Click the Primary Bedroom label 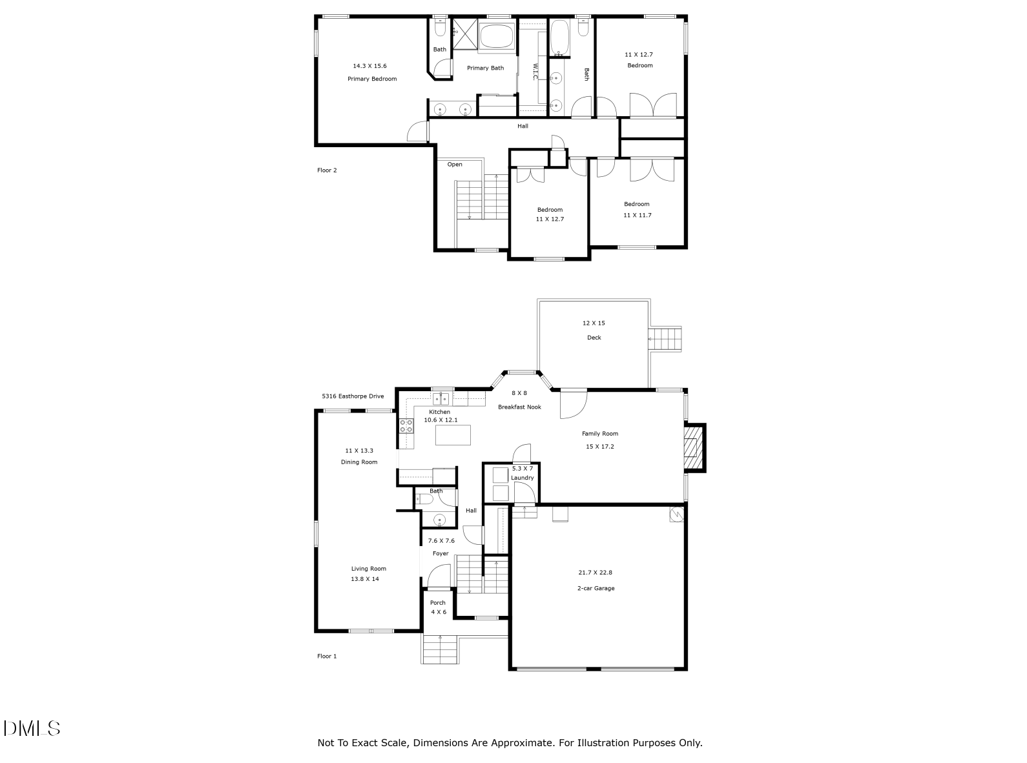point(372,79)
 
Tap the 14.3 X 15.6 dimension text point(369,66)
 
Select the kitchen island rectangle point(453,435)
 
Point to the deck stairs point(666,339)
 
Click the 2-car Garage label point(596,588)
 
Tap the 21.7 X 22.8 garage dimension point(595,573)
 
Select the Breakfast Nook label point(519,407)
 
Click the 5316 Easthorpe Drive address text point(353,396)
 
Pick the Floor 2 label point(327,170)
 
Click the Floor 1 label point(327,656)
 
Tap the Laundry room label point(523,478)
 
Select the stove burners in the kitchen point(407,425)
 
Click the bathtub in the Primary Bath point(496,36)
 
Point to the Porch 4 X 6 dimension point(439,612)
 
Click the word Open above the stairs point(455,165)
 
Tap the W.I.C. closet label point(535,72)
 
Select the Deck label point(594,338)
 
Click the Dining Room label point(359,462)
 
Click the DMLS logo point(32,728)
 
